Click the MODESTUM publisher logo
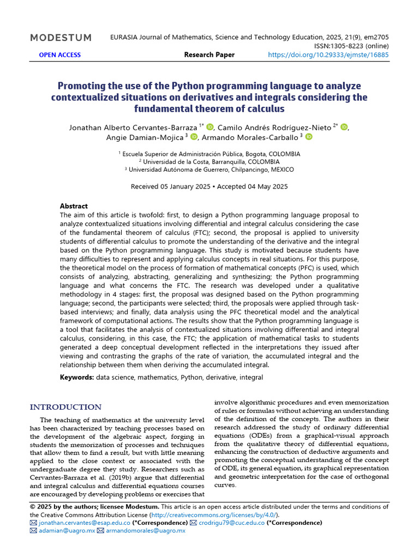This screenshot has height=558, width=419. tap(61, 38)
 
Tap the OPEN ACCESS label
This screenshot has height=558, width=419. tap(59, 55)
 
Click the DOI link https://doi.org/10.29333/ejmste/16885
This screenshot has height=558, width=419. tap(328, 55)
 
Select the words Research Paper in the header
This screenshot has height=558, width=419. tap(209, 55)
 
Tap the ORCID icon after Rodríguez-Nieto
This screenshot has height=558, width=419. tap(344, 128)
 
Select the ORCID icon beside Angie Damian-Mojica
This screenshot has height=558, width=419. tap(194, 137)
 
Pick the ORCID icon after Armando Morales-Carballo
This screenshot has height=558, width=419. tap(309, 137)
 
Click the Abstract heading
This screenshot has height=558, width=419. tap(74, 206)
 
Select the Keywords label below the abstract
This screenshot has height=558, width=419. tap(77, 377)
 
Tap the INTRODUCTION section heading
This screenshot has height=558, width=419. tap(65, 407)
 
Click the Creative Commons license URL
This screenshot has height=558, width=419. tap(215, 515)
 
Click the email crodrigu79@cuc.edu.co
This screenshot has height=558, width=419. tap(231, 523)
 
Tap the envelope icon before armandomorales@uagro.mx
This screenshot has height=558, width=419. tap(100, 530)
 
